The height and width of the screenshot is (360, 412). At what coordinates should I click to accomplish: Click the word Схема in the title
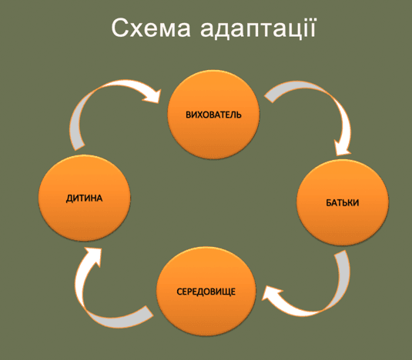(x=151, y=28)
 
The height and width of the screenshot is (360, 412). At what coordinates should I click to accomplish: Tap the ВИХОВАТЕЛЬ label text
(x=213, y=115)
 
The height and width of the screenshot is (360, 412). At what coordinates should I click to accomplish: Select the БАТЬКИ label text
(x=343, y=203)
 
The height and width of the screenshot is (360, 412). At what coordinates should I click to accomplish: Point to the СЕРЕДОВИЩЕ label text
(x=206, y=292)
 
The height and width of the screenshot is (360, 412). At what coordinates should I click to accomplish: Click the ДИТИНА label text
(x=84, y=198)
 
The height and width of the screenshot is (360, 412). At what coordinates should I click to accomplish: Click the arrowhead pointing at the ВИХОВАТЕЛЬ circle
(x=152, y=97)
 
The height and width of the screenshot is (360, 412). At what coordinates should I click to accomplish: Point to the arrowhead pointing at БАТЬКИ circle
(x=343, y=148)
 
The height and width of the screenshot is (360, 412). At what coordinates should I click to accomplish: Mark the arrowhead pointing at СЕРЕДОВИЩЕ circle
(x=270, y=293)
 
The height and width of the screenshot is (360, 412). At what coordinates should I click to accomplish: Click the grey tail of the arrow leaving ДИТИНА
(x=76, y=132)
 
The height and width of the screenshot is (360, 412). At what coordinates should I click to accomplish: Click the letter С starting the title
(x=119, y=28)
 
